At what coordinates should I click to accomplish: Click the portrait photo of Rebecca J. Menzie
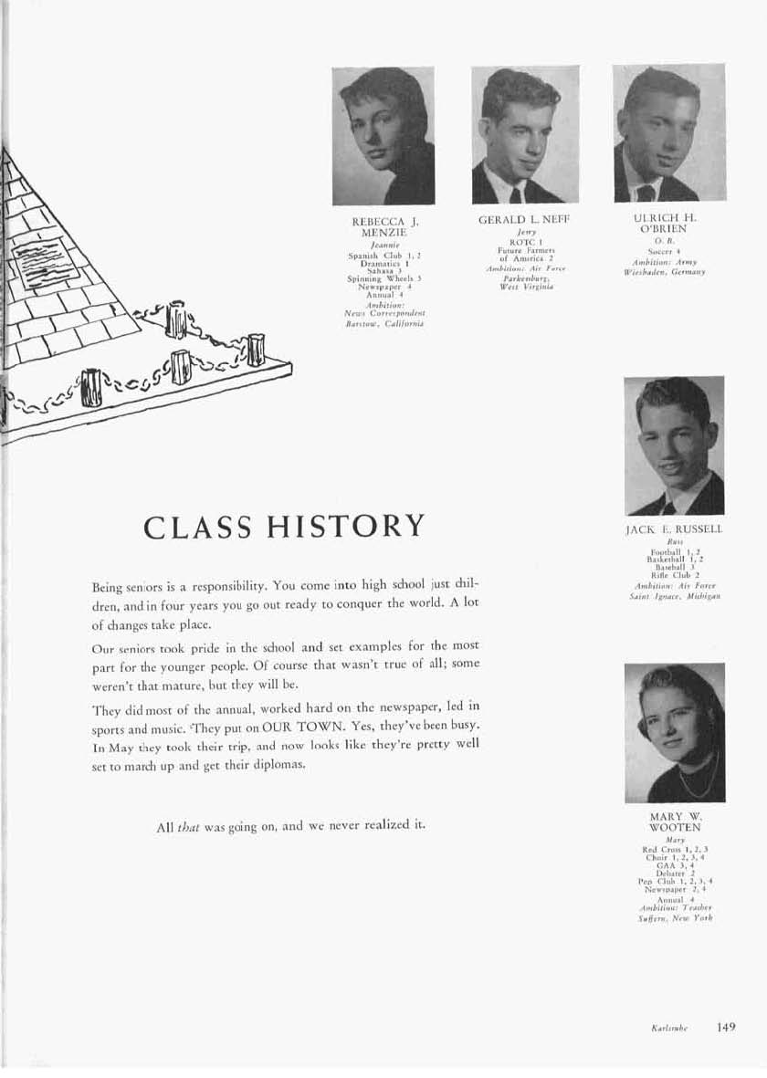click(x=383, y=136)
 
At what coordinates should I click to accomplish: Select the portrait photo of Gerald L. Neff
click(x=524, y=135)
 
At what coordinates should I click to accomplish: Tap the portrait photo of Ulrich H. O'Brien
click(x=668, y=133)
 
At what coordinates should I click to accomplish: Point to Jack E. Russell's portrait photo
click(x=674, y=446)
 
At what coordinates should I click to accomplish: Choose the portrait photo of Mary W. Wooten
click(x=674, y=733)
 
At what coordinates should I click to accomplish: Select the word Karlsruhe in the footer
click(x=670, y=1029)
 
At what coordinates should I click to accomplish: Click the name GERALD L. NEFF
click(x=523, y=221)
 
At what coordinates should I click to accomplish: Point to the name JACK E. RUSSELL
click(x=674, y=529)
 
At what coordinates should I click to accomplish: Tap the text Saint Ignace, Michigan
click(x=674, y=595)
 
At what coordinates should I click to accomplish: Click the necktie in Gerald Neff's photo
click(x=516, y=194)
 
